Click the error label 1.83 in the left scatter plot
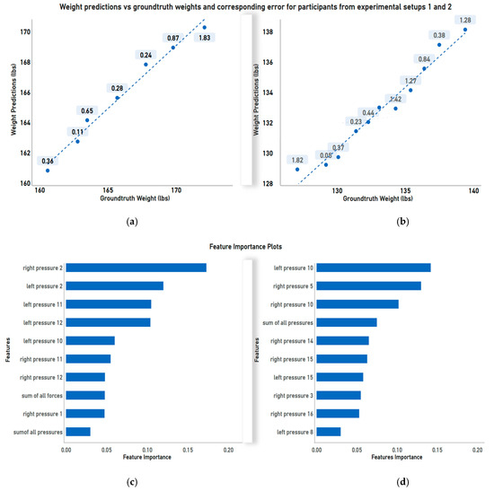tap(205, 38)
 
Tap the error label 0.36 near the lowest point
tap(48, 161)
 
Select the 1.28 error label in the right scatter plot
tap(464, 20)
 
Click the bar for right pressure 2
tap(136, 267)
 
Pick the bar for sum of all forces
tap(85, 395)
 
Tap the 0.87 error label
tap(172, 38)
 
